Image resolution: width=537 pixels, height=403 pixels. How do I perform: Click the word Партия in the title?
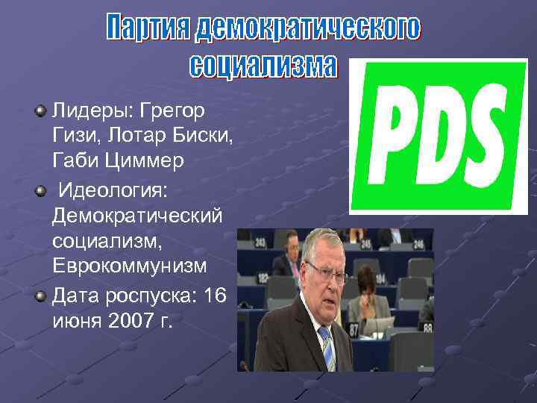point(148,28)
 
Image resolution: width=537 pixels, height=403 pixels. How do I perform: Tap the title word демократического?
point(307,28)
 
